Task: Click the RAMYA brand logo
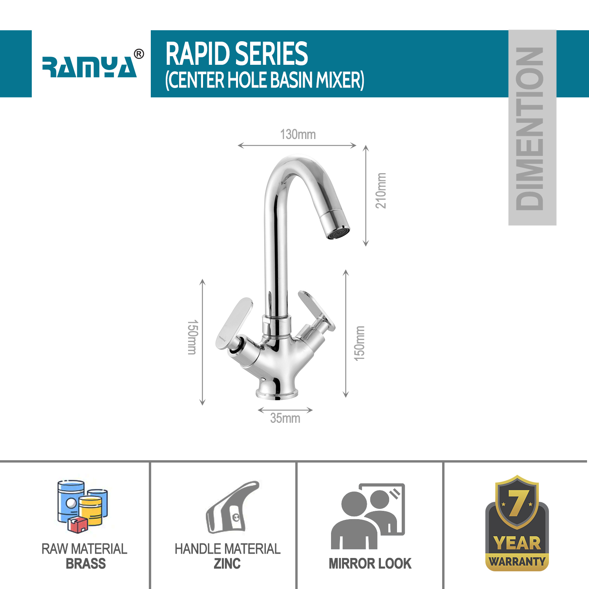tap(90, 66)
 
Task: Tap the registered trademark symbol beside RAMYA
tap(139, 54)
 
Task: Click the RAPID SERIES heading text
tap(237, 54)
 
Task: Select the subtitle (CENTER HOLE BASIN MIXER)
tap(265, 80)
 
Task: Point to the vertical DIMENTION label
tap(532, 128)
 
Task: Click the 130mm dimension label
tap(298, 135)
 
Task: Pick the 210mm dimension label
tap(381, 191)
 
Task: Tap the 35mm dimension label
tap(285, 419)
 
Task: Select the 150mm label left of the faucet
tap(192, 337)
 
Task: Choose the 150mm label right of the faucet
tap(359, 343)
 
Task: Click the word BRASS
tap(86, 564)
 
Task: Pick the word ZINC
tap(227, 564)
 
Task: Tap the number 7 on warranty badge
tap(517, 503)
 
